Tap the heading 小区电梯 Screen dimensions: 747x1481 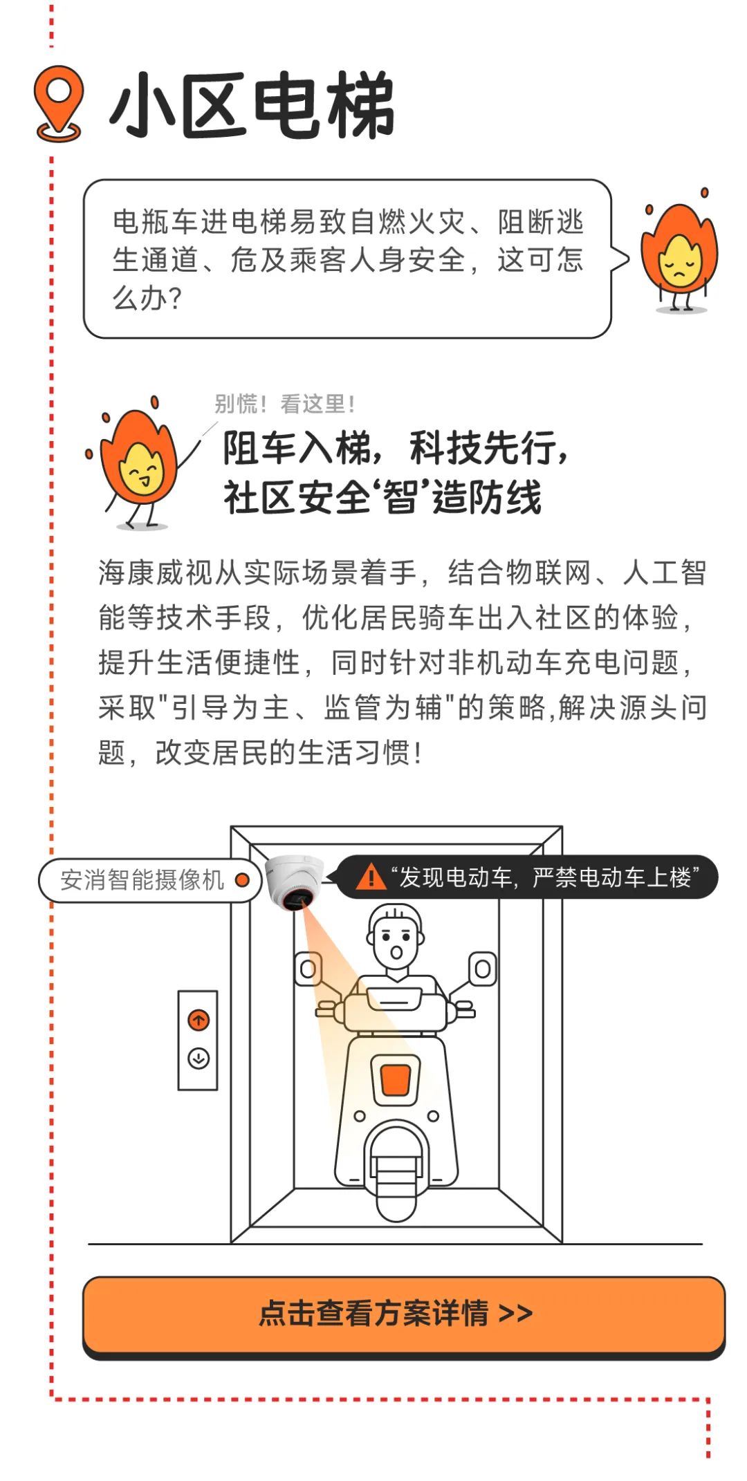pyautogui.click(x=252, y=106)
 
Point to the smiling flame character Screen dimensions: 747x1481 pyautogui.click(x=138, y=463)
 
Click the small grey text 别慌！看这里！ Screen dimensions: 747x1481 pyautogui.click(x=285, y=404)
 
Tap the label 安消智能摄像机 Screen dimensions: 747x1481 pyautogui.click(x=142, y=880)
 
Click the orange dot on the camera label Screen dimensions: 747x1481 pyautogui.click(x=242, y=880)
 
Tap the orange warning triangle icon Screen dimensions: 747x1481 pyautogui.click(x=371, y=877)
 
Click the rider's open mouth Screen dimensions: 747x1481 pyautogui.click(x=396, y=952)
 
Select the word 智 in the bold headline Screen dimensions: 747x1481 pyautogui.click(x=400, y=496)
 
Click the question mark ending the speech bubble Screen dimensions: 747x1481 pyautogui.click(x=174, y=299)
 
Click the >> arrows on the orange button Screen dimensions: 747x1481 pyautogui.click(x=515, y=1314)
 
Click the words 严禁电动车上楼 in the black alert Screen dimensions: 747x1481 pyautogui.click(x=611, y=877)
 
